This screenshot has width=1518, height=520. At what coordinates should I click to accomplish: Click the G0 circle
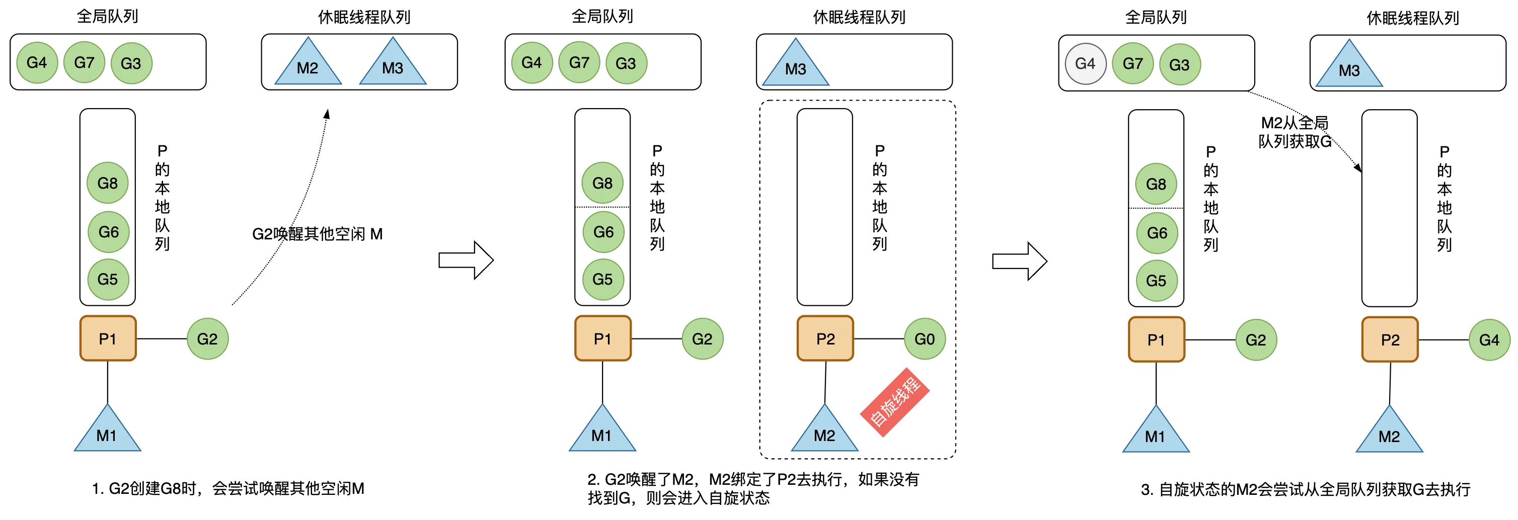coord(924,339)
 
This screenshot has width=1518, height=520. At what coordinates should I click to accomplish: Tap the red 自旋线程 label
coord(894,402)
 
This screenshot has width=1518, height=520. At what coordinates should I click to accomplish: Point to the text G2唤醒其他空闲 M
coord(317,234)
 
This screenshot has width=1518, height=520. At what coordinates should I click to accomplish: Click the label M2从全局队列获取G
coord(1295,132)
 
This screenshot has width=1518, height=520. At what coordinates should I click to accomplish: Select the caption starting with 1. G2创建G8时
coord(228,488)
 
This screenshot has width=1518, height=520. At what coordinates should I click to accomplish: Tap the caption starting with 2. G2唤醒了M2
coord(752,488)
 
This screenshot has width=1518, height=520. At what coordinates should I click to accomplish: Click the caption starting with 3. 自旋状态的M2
coord(1305,489)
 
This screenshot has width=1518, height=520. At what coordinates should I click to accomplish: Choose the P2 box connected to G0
coord(825,338)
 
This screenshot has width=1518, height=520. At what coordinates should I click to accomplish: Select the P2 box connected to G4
coord(1390,340)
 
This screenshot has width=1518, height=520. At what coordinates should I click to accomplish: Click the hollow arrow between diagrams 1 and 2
coord(466,259)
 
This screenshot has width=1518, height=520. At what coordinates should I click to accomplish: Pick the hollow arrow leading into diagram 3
coord(1019,261)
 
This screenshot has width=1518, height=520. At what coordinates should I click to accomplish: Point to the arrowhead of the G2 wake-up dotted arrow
coord(327,113)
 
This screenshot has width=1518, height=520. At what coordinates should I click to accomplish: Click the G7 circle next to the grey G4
coord(1132,63)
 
